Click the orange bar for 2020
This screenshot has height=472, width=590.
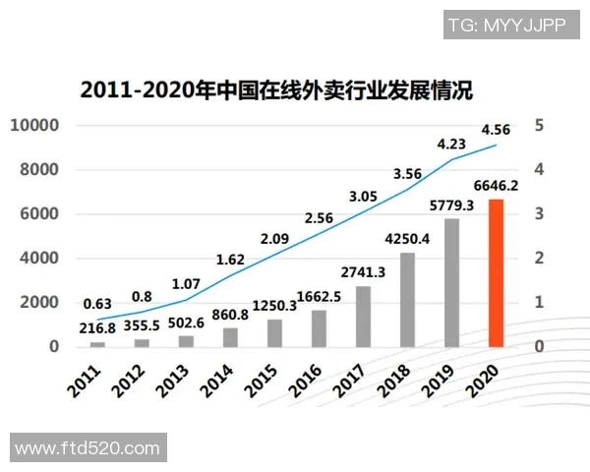(497, 272)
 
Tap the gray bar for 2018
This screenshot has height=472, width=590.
(407, 300)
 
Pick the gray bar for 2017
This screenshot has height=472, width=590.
(363, 316)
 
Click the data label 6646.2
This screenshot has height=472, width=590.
(497, 184)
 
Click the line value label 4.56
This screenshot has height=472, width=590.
(496, 129)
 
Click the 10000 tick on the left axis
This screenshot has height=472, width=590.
(34, 125)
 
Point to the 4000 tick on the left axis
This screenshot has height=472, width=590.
(39, 258)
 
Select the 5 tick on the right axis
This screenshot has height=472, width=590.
(539, 125)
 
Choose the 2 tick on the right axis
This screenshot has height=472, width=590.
(539, 258)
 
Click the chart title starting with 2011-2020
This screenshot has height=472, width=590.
(276, 91)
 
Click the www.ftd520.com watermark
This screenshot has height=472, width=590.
(88, 448)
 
